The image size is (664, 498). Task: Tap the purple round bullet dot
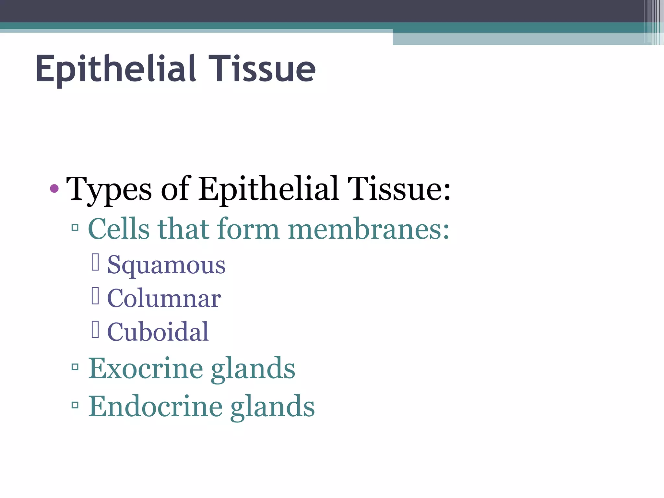pos(54,188)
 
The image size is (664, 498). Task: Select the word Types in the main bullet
pos(109,189)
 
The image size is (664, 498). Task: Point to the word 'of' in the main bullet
pos(175,189)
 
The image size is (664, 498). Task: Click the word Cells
pos(119,229)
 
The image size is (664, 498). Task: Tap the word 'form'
pos(248,229)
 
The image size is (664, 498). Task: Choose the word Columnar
pos(164,299)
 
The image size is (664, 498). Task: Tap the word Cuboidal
pos(158,332)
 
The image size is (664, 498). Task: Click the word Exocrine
pos(146,368)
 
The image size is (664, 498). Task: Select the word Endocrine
pos(155,406)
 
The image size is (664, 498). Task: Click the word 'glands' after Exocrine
pos(253,369)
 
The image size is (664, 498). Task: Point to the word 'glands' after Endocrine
pos(272,407)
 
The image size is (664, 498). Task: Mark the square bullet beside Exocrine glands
pos(75,367)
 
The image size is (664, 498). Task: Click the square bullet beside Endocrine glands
pos(75,405)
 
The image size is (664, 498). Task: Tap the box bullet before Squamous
pos(95,262)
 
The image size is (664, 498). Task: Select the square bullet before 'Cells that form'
pos(75,228)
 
